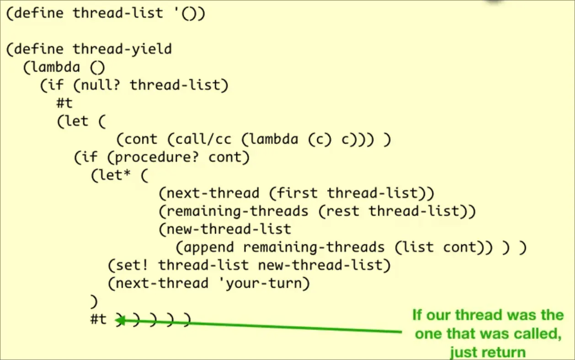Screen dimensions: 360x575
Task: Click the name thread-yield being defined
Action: [x=122, y=49]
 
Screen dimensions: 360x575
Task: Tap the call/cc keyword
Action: [x=192, y=139]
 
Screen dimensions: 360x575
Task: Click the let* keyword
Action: [x=113, y=175]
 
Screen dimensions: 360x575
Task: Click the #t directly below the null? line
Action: [x=64, y=103]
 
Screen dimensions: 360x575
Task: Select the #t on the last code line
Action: [x=99, y=319]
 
